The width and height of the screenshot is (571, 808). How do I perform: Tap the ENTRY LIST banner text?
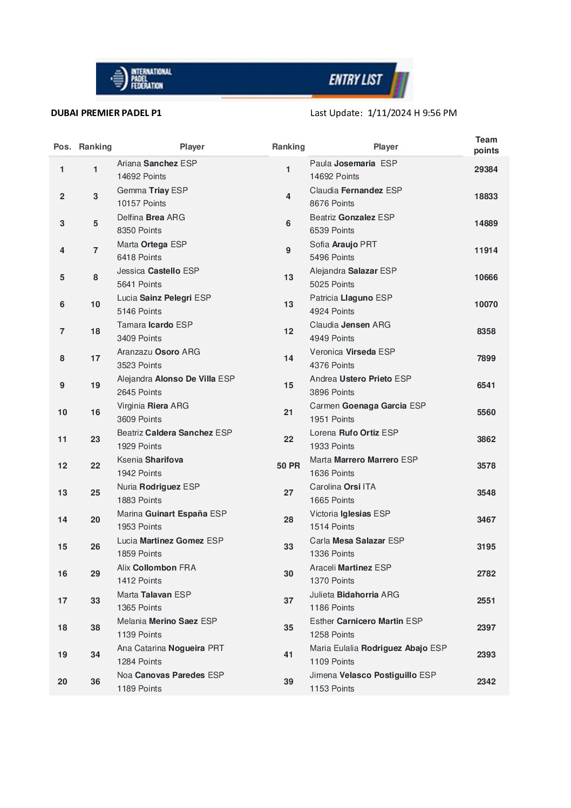[x=355, y=80]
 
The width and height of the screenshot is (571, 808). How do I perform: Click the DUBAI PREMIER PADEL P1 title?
[x=106, y=113]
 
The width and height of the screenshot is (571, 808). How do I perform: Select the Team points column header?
[x=486, y=145]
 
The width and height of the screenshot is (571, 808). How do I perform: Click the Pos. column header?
[x=62, y=147]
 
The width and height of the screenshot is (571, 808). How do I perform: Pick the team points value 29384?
[x=486, y=169]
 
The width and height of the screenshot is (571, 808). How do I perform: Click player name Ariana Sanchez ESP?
[x=157, y=164]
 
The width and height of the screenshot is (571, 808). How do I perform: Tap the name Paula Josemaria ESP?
[x=353, y=164]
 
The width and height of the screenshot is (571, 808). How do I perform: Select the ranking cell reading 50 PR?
[x=288, y=466]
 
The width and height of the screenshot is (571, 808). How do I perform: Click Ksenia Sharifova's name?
[x=150, y=460]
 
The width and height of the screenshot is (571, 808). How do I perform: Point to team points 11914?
[x=486, y=250]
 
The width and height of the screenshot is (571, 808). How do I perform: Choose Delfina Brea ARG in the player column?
[x=151, y=218]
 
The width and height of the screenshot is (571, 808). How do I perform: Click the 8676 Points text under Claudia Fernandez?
[x=332, y=203]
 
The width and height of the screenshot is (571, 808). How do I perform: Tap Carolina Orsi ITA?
[x=342, y=487]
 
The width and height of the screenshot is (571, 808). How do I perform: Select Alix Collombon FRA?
[x=157, y=568]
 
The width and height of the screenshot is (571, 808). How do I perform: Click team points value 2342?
[x=486, y=682]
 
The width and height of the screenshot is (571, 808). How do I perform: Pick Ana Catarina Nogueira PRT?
[x=170, y=648]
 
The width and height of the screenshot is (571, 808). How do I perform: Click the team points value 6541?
[x=486, y=385]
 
